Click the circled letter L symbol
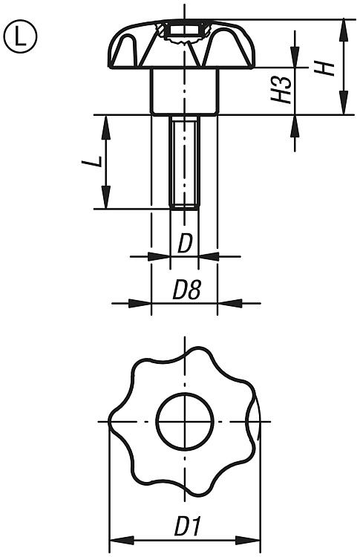20,37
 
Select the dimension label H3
282,90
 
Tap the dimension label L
92,162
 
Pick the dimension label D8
187,290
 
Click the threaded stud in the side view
184,163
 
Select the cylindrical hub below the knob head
184,91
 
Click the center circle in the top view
185,422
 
